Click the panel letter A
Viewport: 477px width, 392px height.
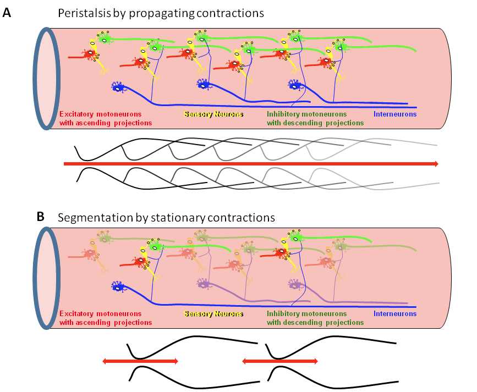click(7, 13)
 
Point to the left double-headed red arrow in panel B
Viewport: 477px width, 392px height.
click(140, 361)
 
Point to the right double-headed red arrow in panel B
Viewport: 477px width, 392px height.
click(279, 361)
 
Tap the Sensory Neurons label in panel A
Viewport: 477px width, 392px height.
click(213, 114)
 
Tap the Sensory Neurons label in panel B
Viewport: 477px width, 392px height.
click(213, 314)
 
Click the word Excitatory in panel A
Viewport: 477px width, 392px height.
click(77, 114)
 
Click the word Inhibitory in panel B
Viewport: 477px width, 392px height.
click(283, 314)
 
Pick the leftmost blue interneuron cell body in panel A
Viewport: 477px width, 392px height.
click(117, 86)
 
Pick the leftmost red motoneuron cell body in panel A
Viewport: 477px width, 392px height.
click(88, 54)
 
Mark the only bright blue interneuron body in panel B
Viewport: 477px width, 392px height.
click(117, 286)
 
